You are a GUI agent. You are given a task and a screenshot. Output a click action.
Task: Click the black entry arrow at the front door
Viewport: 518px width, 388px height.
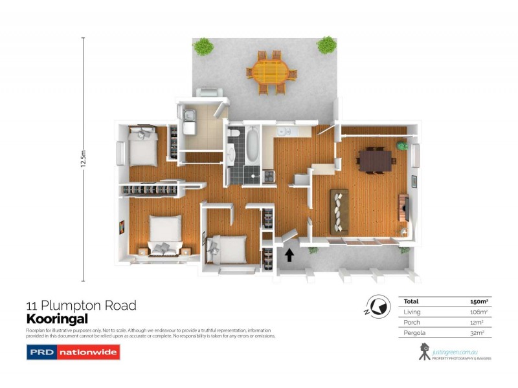(289, 255)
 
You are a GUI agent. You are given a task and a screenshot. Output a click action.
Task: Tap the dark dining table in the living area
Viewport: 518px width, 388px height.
(375, 160)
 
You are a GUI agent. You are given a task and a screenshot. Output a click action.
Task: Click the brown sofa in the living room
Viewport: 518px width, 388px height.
(339, 211)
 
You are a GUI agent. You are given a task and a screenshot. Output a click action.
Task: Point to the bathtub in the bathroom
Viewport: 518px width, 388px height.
(253, 147)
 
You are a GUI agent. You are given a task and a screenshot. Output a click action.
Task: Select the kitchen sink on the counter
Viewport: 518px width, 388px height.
(284, 132)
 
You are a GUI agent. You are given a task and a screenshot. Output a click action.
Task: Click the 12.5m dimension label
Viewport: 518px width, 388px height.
(83, 159)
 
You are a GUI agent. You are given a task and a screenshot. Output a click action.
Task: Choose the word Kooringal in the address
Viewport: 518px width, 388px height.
(56, 318)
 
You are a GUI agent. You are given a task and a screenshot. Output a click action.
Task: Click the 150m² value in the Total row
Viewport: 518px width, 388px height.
(478, 301)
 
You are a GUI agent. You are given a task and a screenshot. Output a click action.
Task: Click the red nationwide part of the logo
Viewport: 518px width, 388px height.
(88, 353)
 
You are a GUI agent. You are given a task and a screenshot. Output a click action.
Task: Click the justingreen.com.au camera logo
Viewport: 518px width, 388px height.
(425, 351)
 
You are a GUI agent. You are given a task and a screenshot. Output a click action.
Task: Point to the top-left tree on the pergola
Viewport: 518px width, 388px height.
(205, 46)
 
